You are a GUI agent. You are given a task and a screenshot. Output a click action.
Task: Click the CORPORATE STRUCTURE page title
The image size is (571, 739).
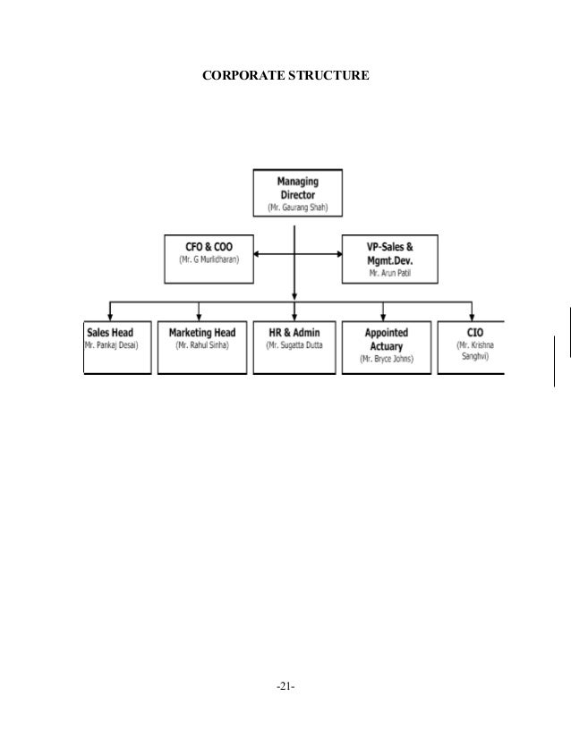[x=285, y=78]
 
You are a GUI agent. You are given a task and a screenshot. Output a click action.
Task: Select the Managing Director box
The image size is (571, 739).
[x=296, y=192]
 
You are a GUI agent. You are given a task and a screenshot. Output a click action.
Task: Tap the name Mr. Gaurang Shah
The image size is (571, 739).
[x=296, y=208]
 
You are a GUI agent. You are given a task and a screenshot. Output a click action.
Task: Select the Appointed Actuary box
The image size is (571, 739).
[x=384, y=345]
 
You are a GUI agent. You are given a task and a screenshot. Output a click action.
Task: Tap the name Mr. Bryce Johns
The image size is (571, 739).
[x=384, y=360]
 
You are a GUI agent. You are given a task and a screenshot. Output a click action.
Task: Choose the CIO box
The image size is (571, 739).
[x=472, y=345]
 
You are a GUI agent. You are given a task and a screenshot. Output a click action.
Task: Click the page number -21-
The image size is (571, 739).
[x=285, y=687]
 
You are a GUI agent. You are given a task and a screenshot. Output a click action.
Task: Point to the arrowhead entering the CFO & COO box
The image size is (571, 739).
[x=256, y=254]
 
